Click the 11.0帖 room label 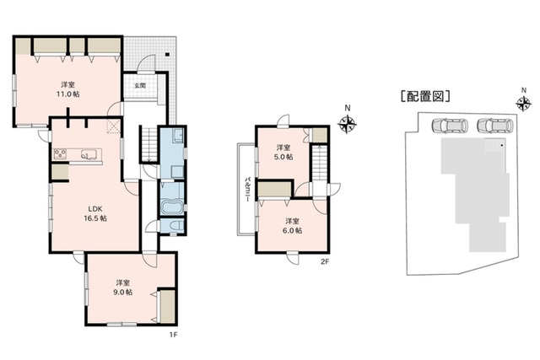[x=67, y=89]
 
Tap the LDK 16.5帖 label [x=95, y=213]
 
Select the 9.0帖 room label [x=123, y=287]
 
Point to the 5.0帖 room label [x=284, y=152]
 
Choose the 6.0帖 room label [x=292, y=226]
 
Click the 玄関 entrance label [x=140, y=85]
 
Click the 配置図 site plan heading [x=425, y=96]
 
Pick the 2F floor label [x=325, y=261]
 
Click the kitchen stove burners [x=60, y=153]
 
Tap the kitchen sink [x=89, y=154]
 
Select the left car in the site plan [x=450, y=126]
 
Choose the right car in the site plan [x=495, y=126]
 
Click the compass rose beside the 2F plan [x=347, y=124]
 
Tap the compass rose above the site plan [x=523, y=103]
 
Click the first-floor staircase [x=148, y=143]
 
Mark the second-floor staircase [x=320, y=162]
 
